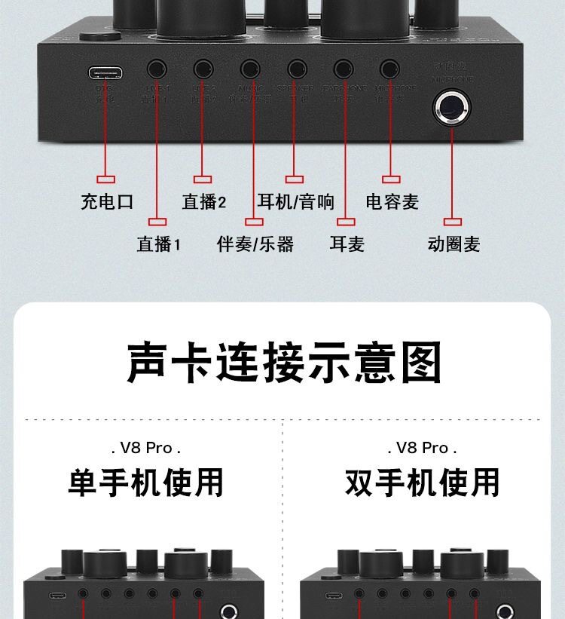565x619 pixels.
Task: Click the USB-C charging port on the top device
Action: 105,73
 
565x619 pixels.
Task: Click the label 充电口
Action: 107,202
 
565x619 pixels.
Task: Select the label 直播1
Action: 159,244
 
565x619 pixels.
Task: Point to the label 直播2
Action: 204,202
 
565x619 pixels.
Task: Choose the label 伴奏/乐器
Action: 255,244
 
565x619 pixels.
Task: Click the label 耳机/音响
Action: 295,202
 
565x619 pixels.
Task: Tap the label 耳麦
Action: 347,244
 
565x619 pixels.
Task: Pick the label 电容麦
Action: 392,202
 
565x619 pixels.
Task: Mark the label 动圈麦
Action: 454,244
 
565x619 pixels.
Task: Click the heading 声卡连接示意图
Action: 283,363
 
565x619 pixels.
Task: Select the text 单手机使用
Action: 146,483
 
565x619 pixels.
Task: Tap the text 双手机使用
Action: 423,483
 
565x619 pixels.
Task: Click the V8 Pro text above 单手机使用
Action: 146,448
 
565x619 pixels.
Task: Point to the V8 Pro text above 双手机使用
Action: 423,448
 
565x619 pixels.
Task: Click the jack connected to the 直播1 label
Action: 157,70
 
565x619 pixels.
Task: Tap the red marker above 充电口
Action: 106,179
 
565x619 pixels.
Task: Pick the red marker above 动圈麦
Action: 452,222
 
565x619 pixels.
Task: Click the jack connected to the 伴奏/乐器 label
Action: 250,70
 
